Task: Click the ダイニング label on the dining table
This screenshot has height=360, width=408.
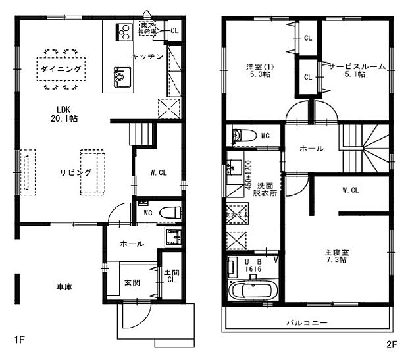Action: pyautogui.click(x=60, y=68)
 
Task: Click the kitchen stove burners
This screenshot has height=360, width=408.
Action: pyautogui.click(x=123, y=30)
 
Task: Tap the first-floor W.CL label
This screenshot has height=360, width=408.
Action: pyautogui.click(x=158, y=174)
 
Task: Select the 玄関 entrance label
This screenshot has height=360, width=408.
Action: pyautogui.click(x=131, y=283)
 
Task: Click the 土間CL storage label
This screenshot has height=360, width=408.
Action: pyautogui.click(x=170, y=274)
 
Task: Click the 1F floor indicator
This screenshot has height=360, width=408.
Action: pyautogui.click(x=19, y=341)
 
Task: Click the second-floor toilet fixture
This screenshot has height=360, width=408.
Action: pyautogui.click(x=245, y=136)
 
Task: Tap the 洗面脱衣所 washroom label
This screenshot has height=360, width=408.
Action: pyautogui.click(x=265, y=190)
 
